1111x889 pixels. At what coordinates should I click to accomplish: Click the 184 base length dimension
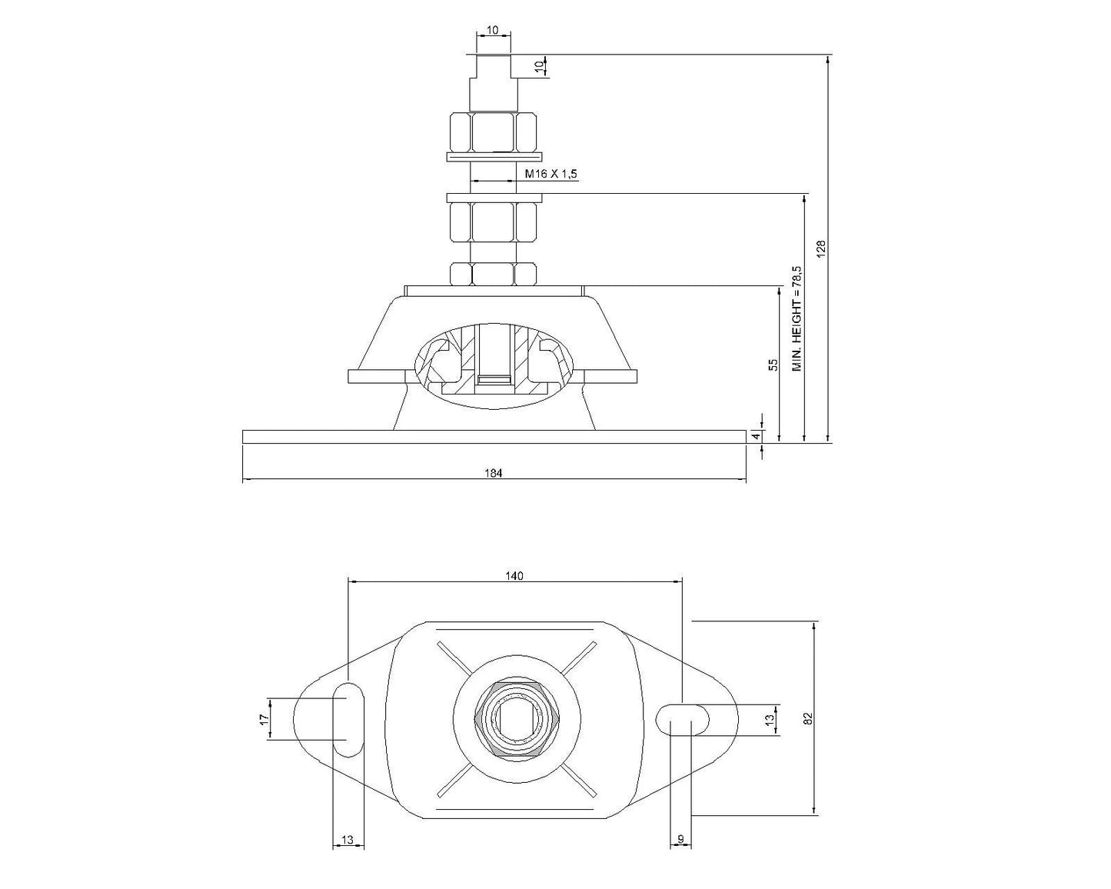coord(494,473)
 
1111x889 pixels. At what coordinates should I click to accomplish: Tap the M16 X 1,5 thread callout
coord(550,175)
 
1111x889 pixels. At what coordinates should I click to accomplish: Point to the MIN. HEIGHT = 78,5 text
coord(797,318)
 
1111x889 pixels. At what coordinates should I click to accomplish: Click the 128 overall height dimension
coord(820,248)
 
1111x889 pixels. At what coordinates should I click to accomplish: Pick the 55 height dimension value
coord(774,365)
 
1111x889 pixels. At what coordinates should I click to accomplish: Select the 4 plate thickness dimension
coord(756,436)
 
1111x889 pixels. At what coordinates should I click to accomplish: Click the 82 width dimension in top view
coord(807,718)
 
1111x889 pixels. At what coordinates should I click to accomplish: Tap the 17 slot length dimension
coord(263,719)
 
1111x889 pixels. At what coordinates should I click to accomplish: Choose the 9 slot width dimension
coord(680,840)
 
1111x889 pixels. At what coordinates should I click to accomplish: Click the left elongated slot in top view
coord(348,719)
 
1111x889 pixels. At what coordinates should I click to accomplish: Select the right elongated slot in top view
coord(683,719)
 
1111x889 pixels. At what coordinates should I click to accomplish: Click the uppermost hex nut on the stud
coord(492,132)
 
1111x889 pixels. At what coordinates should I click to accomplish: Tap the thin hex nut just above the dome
coord(492,273)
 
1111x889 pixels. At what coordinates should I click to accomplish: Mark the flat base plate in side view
coord(494,437)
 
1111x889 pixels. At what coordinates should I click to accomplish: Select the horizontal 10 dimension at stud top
coord(493,31)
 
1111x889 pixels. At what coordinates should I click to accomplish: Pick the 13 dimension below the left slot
coord(348,840)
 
